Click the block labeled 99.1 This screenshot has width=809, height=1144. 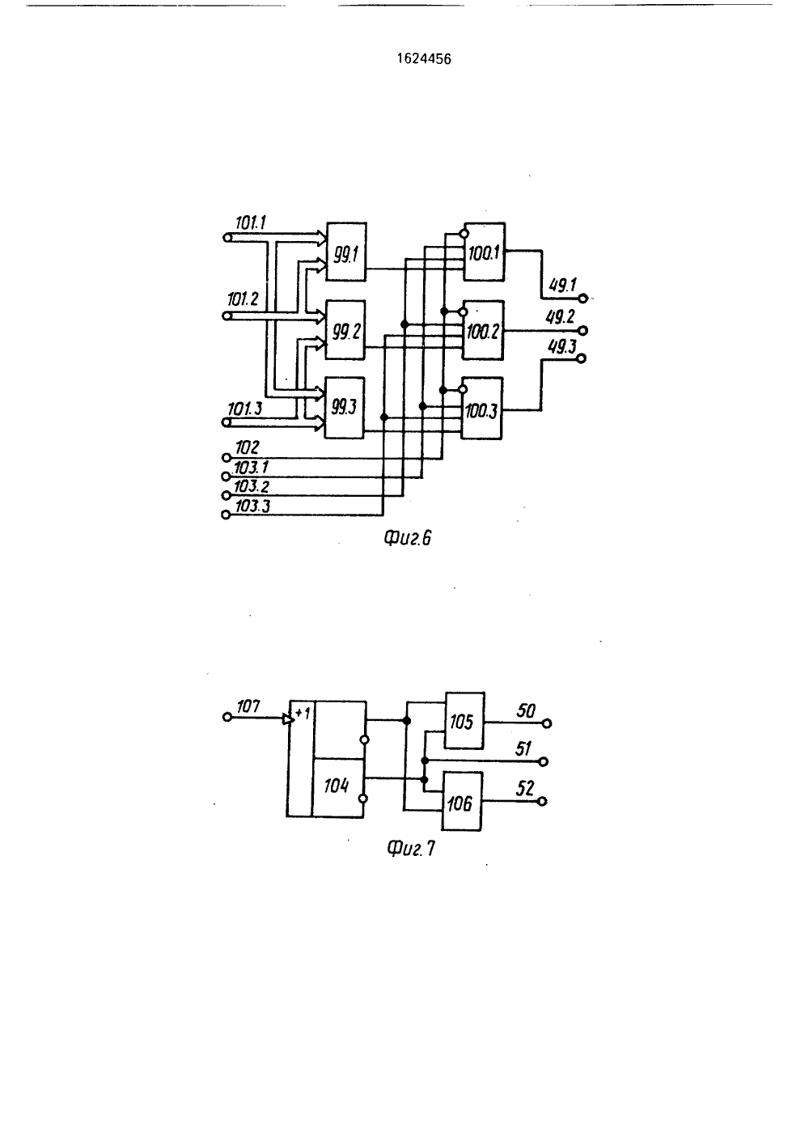pyautogui.click(x=346, y=252)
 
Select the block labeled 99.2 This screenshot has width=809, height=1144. pyautogui.click(x=345, y=330)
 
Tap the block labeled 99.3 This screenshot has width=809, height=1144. pyautogui.click(x=345, y=408)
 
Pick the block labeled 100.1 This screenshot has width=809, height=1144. pyautogui.click(x=484, y=252)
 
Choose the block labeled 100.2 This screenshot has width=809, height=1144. pyautogui.click(x=483, y=330)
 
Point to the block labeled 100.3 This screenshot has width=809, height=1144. pyautogui.click(x=481, y=409)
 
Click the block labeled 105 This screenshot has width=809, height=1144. pyautogui.click(x=464, y=721)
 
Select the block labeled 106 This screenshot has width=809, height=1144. pyautogui.click(x=462, y=801)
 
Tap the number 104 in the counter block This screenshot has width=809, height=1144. pyautogui.click(x=336, y=786)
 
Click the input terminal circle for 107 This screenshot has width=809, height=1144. pyautogui.click(x=227, y=718)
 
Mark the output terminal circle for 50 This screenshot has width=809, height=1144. pyautogui.click(x=547, y=723)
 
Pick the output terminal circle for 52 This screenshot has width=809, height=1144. pyautogui.click(x=542, y=801)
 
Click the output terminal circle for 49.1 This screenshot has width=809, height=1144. pyautogui.click(x=582, y=299)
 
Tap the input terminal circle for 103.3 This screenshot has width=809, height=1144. pyautogui.click(x=226, y=515)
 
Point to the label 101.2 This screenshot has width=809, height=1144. pyautogui.click(x=244, y=299)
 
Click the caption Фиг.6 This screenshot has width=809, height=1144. pyautogui.click(x=408, y=538)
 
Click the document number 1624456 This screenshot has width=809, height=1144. pyautogui.click(x=425, y=59)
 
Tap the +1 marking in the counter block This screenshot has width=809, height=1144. pyautogui.click(x=303, y=713)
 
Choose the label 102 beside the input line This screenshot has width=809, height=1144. pyautogui.click(x=248, y=448)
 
